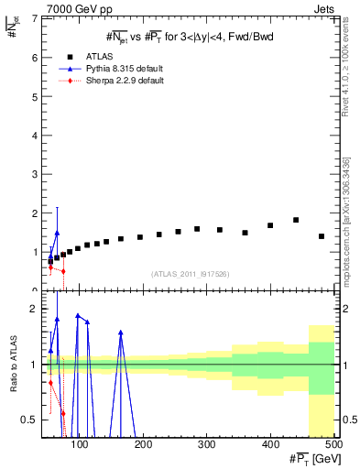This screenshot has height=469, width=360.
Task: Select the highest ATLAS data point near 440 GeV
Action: (296, 220)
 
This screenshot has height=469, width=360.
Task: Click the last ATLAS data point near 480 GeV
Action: (322, 236)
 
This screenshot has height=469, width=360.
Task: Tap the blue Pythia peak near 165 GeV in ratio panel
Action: (121, 333)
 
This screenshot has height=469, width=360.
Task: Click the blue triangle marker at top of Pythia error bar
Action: (57, 233)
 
